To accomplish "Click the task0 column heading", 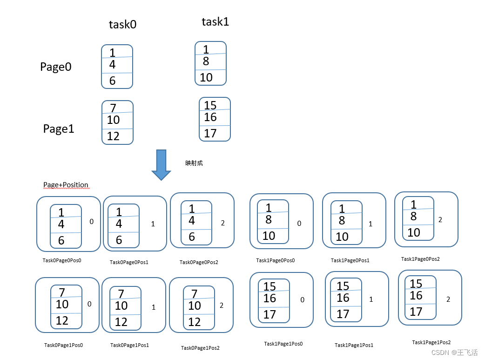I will (x=122, y=25).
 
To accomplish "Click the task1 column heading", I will (x=215, y=22).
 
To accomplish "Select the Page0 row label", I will (x=56, y=67).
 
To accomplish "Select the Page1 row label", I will (x=59, y=129).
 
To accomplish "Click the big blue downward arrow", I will (x=162, y=164).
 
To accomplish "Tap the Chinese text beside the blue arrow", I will (x=194, y=163).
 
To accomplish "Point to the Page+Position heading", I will (x=66, y=185).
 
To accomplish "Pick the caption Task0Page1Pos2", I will (x=200, y=348).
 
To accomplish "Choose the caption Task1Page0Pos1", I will (x=350, y=260).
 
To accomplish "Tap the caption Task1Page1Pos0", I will (x=283, y=344).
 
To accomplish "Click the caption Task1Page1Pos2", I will (x=431, y=342).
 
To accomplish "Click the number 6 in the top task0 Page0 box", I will (x=112, y=81).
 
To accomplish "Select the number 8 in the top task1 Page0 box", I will (x=206, y=61).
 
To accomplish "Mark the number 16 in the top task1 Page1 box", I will (x=210, y=117).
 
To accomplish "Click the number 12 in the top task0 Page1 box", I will (x=113, y=136).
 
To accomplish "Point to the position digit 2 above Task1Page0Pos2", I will (x=440, y=219).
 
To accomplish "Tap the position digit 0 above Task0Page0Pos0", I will (x=91, y=222).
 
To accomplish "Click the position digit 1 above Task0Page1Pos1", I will (x=153, y=307).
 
